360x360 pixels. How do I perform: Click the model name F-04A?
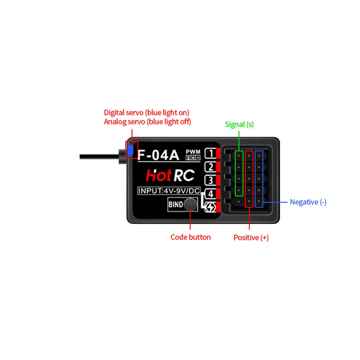pos(158,155)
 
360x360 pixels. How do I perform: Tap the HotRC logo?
pos(170,176)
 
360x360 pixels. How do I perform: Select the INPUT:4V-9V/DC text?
pos(169,191)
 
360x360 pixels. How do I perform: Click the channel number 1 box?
pos(210,154)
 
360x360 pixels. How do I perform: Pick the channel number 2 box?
pos(210,167)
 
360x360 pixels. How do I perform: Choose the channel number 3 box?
pos(210,180)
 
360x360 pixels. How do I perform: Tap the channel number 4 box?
pos(210,194)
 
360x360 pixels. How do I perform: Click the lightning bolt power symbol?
pos(210,208)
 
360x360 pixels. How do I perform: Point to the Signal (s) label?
pos(239,124)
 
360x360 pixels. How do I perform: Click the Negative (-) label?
pos(308,202)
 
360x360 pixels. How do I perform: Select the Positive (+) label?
pos(251,238)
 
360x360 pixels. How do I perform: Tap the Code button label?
pos(191,237)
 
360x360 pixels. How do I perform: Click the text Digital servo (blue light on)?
pos(146,113)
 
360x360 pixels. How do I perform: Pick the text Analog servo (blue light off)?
pos(147,122)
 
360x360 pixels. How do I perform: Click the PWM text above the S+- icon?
pos(193,152)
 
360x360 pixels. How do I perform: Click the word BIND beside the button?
pos(176,205)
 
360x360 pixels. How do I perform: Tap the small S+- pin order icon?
pos(193,158)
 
